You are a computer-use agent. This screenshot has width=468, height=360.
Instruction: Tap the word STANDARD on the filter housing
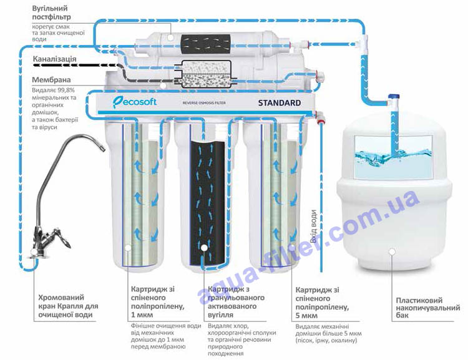coord(279,103)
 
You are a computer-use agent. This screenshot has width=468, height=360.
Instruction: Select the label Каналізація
coord(54,59)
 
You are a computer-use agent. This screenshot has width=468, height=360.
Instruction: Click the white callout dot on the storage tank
coord(391,251)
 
